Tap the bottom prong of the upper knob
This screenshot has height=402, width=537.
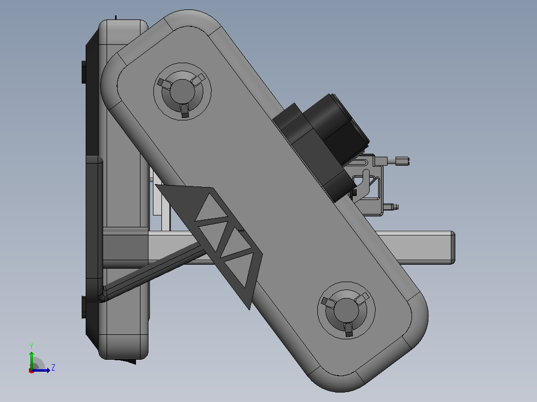pos(185,110)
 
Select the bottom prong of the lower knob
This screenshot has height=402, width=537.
pos(348,329)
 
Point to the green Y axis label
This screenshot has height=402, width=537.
pos(31,346)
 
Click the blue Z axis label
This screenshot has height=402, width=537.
pos(53,368)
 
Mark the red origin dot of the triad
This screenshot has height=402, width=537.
pos(31,371)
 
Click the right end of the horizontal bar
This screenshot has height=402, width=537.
pos(453,247)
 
